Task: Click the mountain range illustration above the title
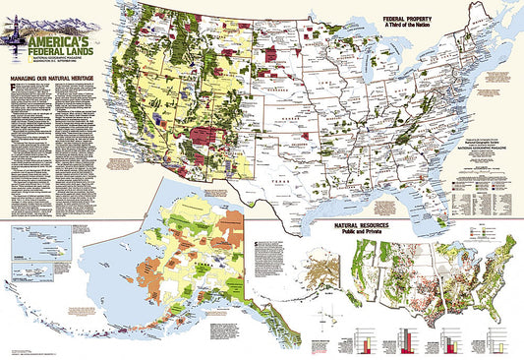(x=59, y=22)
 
